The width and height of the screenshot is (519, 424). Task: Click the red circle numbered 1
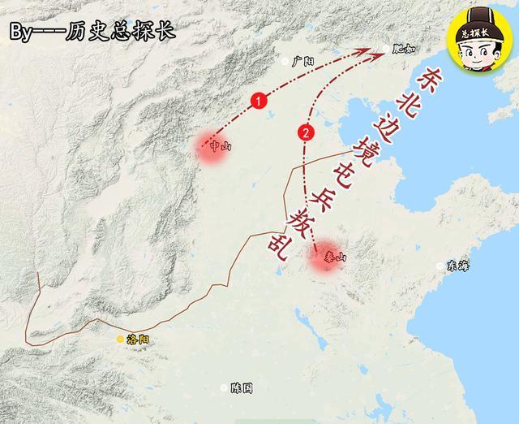tap(258, 102)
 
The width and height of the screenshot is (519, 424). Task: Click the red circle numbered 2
tap(306, 132)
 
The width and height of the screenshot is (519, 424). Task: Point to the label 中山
tap(218, 147)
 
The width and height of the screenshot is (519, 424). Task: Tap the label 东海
tap(458, 266)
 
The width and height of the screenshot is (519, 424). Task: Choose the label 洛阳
tap(138, 340)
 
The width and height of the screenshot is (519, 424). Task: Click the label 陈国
tap(242, 388)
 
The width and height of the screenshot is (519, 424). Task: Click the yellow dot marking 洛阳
tap(120, 339)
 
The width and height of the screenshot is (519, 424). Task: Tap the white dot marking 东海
tap(440, 266)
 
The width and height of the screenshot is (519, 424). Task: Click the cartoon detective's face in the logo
tap(479, 49)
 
